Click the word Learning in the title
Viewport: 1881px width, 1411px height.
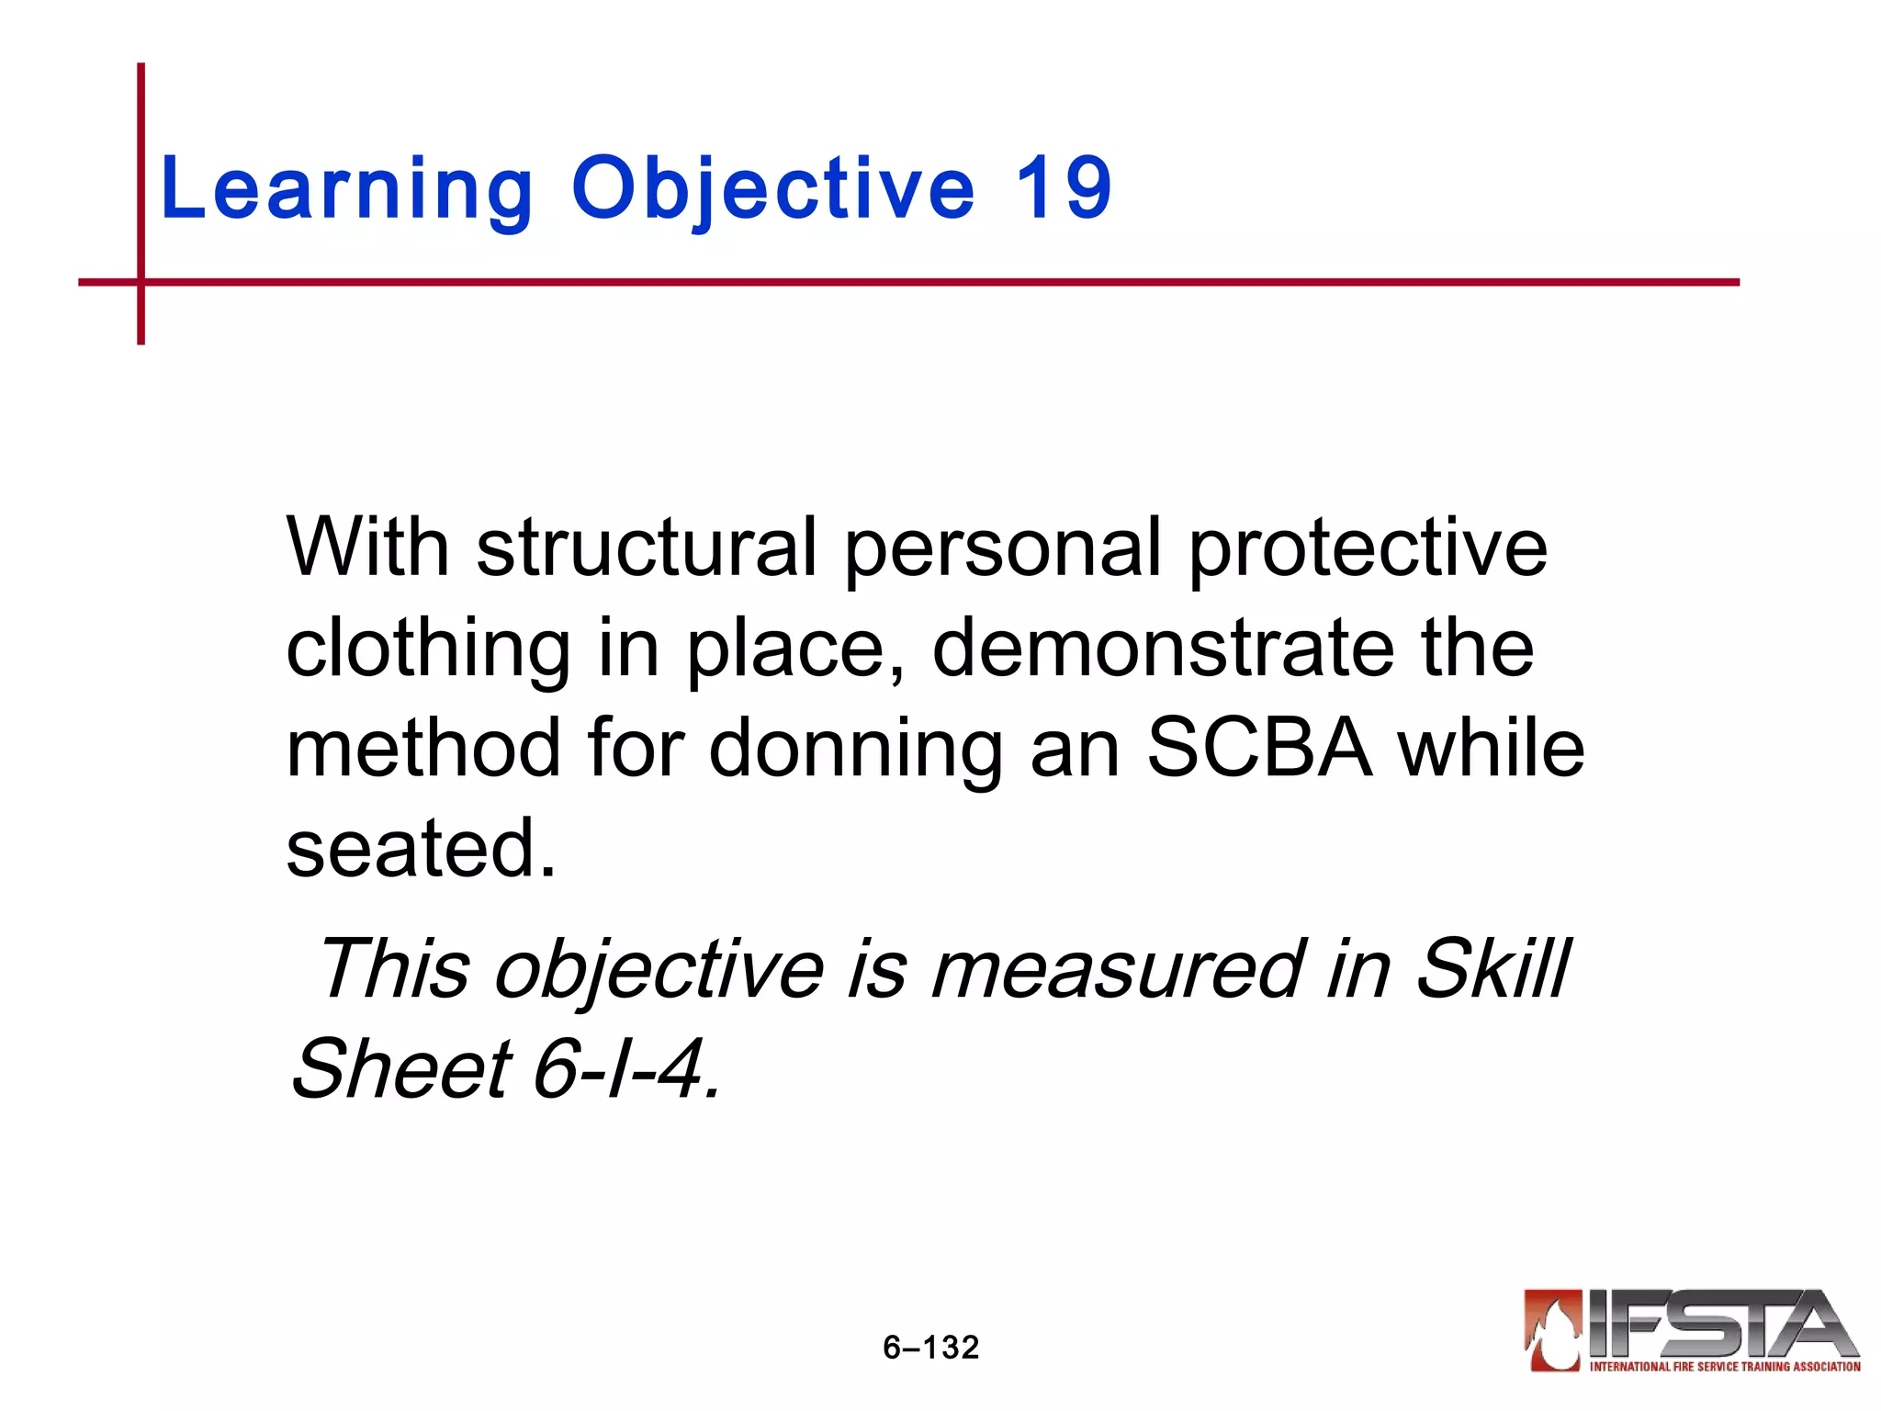click(x=346, y=190)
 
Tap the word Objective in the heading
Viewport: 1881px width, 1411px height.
click(x=772, y=190)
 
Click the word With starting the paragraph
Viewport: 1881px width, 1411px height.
click(x=367, y=547)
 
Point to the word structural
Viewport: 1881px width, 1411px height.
click(x=647, y=547)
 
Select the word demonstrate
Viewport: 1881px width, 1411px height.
click(x=1163, y=649)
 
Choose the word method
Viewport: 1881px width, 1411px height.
click(x=423, y=749)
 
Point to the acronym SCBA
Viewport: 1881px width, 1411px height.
click(x=1259, y=749)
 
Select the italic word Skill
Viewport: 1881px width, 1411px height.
click(x=1492, y=968)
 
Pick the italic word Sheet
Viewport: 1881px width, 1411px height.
click(x=400, y=1068)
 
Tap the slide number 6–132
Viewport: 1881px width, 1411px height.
click(x=930, y=1348)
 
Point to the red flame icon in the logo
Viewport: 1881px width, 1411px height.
click(x=1552, y=1330)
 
